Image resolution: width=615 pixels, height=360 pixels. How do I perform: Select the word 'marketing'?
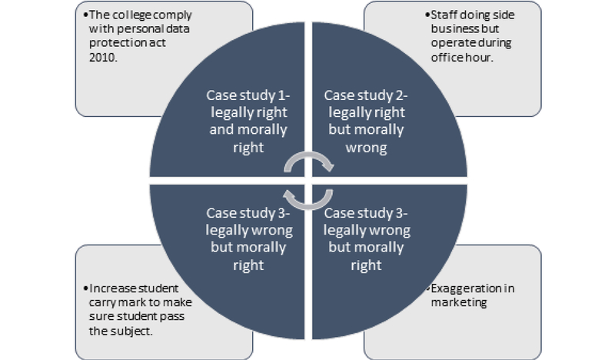point(454,303)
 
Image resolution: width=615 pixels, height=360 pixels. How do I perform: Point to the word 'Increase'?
point(107,287)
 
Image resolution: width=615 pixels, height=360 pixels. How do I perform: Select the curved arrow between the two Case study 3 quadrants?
point(307,198)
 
